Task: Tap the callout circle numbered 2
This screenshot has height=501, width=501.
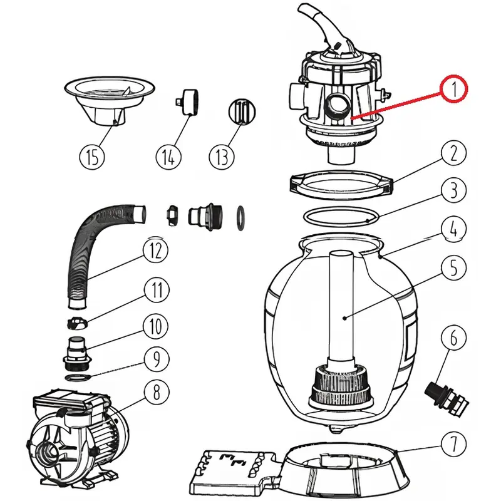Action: click(x=453, y=154)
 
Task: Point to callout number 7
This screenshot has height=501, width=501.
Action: click(x=453, y=445)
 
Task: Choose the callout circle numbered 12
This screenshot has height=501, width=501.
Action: click(x=155, y=250)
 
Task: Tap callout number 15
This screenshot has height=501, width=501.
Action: click(x=92, y=157)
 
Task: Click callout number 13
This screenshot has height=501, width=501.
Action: click(x=223, y=157)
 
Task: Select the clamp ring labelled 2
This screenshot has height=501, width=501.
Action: click(x=341, y=183)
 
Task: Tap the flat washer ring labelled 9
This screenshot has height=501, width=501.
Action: click(x=76, y=379)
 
